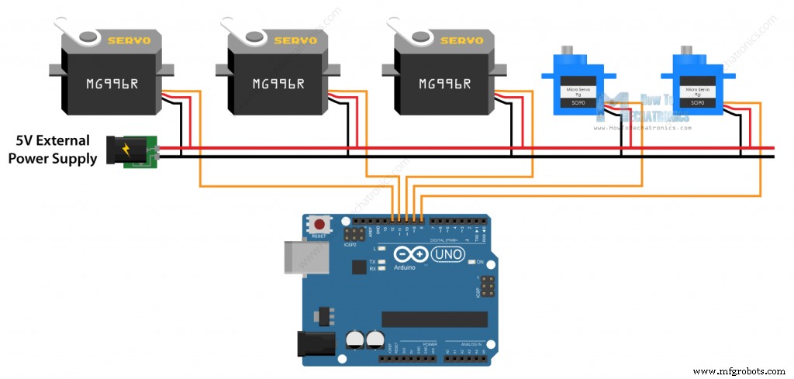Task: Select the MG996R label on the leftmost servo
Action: [x=112, y=83]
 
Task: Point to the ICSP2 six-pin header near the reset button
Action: [x=354, y=234]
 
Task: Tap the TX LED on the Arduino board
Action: [x=382, y=262]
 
